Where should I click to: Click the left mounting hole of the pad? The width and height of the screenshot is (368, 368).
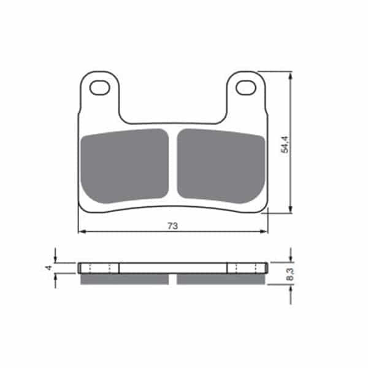coord(100,88)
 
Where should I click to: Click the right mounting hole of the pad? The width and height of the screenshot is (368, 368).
coord(246,88)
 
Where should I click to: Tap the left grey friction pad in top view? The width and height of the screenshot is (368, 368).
coord(125,166)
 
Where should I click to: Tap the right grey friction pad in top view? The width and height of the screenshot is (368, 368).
coord(221,166)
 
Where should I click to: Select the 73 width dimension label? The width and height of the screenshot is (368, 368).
coord(173,226)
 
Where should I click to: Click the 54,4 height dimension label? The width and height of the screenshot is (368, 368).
coord(285,144)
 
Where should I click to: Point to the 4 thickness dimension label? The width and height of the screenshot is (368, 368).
coord(48,267)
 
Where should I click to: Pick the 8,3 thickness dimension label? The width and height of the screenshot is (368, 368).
coord(290,274)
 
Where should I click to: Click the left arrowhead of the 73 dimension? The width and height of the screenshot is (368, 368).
coord(81,232)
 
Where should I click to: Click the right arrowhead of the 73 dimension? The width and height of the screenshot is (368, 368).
coord(264,232)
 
